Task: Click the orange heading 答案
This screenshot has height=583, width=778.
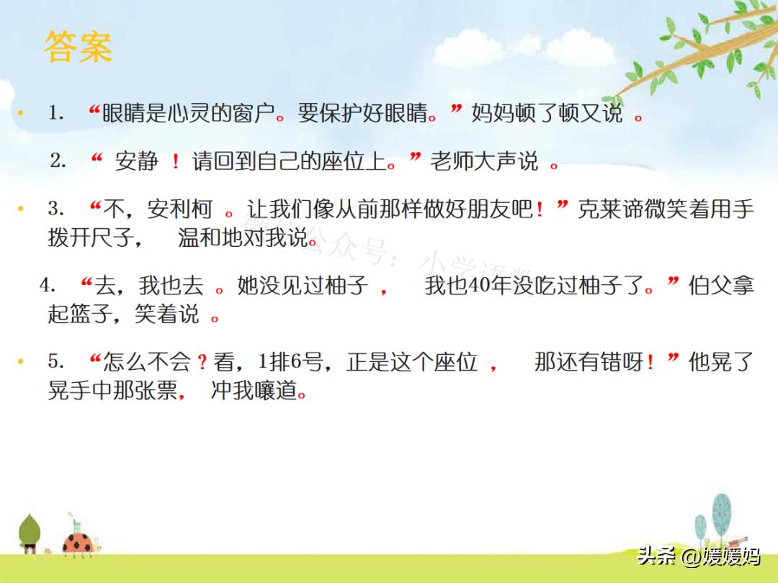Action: [78, 48]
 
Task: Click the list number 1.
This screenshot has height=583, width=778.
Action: [56, 113]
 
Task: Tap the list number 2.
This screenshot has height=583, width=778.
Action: [58, 161]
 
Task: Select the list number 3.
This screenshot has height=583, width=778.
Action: [56, 209]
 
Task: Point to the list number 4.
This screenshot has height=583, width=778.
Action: [48, 285]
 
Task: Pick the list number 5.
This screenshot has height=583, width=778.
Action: [56, 361]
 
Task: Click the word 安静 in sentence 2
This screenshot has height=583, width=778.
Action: [136, 162]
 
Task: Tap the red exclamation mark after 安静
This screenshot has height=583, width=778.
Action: [175, 163]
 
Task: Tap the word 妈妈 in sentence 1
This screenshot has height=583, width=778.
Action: [493, 114]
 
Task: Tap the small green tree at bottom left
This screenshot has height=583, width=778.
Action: [30, 533]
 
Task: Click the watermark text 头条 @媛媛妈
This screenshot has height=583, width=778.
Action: [698, 556]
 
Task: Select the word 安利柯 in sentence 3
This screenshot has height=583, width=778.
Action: [179, 210]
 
